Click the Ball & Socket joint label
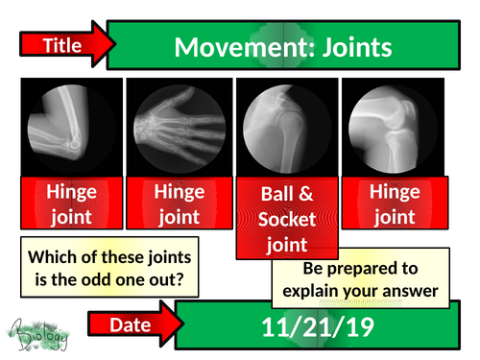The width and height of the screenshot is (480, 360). click(285, 218)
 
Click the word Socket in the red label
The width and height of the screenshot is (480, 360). click(285, 218)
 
